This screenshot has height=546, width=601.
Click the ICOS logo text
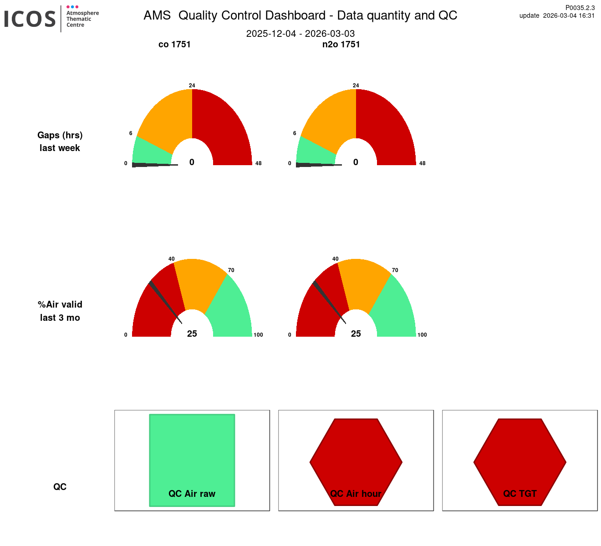[x=30, y=19]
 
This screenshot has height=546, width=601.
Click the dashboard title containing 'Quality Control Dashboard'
[x=300, y=15]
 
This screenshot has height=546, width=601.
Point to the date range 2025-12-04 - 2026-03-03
[x=300, y=34]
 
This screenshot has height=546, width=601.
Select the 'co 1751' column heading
[x=174, y=44]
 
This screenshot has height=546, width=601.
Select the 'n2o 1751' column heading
[x=341, y=44]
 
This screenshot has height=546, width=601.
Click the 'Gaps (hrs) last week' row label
[x=60, y=142]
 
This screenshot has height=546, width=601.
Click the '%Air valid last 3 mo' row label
[x=60, y=311]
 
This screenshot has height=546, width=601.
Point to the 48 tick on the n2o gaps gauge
[x=422, y=163]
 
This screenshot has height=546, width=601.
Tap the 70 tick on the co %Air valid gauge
[x=231, y=270]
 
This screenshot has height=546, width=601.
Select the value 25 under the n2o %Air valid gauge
[x=356, y=334]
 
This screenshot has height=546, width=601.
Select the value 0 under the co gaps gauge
[x=192, y=162]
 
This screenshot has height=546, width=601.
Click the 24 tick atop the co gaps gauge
[x=192, y=86]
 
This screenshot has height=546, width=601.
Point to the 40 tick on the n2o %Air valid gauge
[x=335, y=259]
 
